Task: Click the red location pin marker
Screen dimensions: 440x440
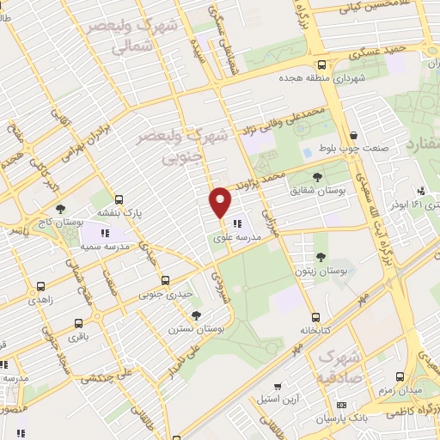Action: [x=221, y=203]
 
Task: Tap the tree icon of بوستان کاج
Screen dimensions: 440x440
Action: [x=59, y=209]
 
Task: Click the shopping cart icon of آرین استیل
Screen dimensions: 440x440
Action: [x=277, y=388]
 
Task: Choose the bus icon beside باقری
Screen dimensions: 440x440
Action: [x=78, y=325]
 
